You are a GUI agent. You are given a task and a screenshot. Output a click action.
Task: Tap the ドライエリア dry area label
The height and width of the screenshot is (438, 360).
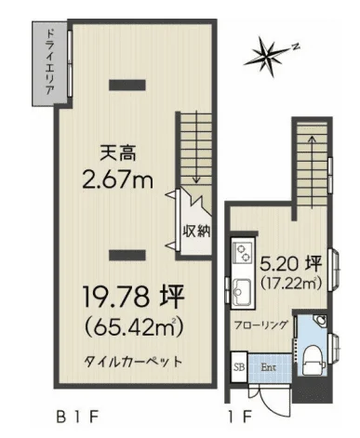[x=49, y=62]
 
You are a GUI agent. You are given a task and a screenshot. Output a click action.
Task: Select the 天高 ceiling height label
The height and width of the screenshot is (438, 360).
[x=118, y=153]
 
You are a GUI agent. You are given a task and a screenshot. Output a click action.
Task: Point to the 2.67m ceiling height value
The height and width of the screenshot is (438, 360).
[x=118, y=179]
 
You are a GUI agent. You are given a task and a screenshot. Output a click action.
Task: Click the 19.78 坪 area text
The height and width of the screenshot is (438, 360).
[x=134, y=297]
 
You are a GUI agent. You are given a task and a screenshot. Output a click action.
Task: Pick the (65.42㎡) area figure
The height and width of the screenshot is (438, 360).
[x=134, y=327]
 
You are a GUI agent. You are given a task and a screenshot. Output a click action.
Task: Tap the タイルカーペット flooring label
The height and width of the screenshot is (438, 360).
[x=132, y=362]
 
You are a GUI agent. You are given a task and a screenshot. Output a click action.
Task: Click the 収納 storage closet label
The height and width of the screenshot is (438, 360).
[x=196, y=231]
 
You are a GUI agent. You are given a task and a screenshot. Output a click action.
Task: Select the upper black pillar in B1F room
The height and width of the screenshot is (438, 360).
[x=127, y=85]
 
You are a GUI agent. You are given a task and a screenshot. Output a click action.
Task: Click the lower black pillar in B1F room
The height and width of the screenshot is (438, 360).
[x=127, y=255]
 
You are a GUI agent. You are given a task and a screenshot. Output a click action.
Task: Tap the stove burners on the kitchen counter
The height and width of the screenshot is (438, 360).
[x=243, y=253]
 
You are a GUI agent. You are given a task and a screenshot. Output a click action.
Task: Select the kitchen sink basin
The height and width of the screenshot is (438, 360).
[x=242, y=291]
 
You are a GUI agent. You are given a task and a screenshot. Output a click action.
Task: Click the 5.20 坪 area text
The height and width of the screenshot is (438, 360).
[x=290, y=264]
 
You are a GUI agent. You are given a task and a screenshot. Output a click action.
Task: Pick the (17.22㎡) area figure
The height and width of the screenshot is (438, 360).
[x=290, y=283]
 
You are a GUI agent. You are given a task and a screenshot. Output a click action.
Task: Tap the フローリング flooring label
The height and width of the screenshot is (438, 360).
[x=260, y=325]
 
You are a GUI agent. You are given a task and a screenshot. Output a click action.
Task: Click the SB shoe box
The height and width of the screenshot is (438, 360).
[x=239, y=367]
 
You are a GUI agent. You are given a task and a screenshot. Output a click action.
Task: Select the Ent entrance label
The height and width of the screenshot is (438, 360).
[x=269, y=368]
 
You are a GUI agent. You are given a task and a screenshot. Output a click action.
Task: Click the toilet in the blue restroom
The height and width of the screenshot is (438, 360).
[x=311, y=361]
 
